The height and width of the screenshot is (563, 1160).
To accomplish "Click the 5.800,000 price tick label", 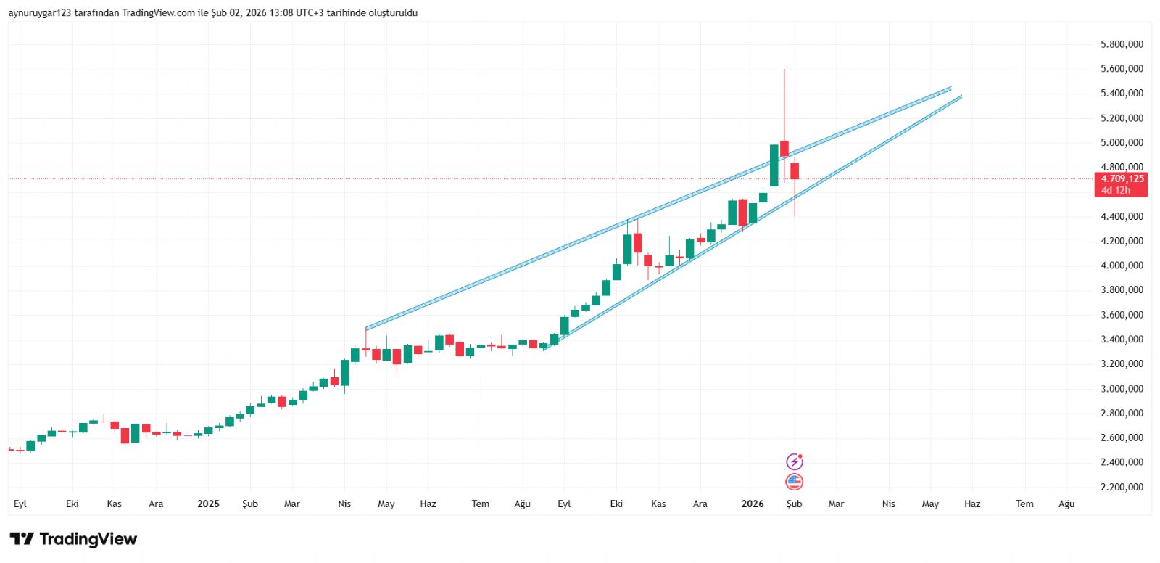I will tap(1122, 44).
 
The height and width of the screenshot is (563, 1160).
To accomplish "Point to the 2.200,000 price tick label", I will tap(1122, 487).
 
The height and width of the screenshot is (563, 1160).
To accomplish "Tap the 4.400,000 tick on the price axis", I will tap(1122, 216).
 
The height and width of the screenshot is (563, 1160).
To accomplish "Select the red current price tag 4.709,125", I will tap(1122, 178).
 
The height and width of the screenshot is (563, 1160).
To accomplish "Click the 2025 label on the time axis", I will tap(208, 504).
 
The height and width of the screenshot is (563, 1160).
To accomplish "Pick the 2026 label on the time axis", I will tap(753, 504).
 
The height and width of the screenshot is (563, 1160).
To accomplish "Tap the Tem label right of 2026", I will tap(1024, 504).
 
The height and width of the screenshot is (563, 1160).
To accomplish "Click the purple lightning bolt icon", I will tap(795, 461).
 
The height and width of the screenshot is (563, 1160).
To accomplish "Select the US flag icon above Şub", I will tap(795, 482).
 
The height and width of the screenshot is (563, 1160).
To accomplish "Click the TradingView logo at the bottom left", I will tap(73, 539).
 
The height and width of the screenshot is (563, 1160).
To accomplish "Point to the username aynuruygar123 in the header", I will tap(40, 12).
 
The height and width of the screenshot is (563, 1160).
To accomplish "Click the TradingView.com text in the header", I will tap(158, 12).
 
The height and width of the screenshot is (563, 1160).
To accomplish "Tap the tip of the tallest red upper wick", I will tap(784, 70).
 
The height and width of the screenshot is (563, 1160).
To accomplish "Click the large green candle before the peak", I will tap(774, 165).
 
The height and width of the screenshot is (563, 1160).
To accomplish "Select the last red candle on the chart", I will tap(795, 171).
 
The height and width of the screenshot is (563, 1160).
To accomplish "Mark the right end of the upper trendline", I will tap(950, 88).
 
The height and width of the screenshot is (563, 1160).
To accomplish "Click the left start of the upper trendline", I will tap(366, 329).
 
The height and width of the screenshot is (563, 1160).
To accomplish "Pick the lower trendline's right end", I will tap(961, 96).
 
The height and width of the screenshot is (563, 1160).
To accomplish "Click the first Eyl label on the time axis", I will tap(20, 504).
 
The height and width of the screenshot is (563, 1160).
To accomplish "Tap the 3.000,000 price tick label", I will tap(1122, 389).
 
